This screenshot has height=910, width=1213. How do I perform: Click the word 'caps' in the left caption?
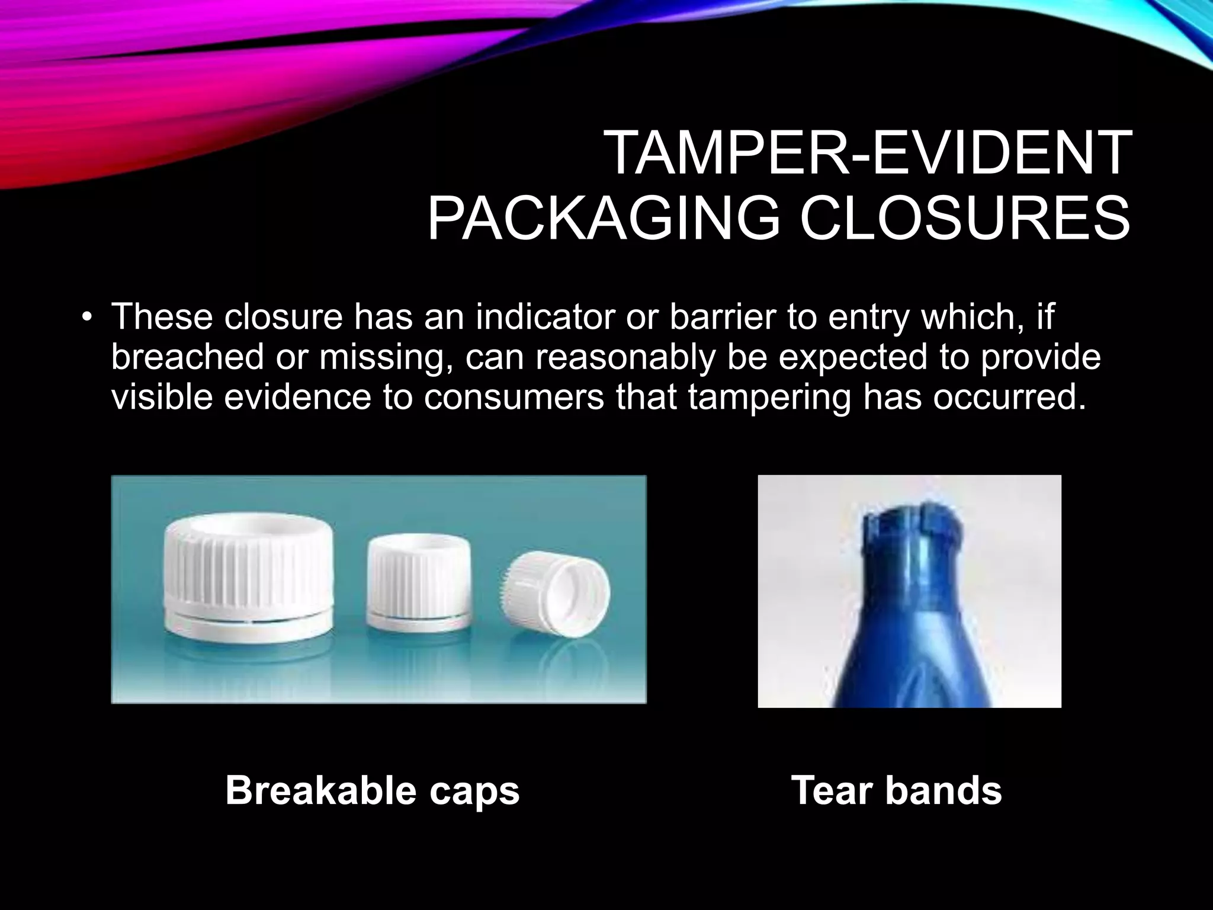click(x=475, y=792)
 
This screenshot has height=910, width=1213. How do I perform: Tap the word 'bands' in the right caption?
click(x=944, y=790)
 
